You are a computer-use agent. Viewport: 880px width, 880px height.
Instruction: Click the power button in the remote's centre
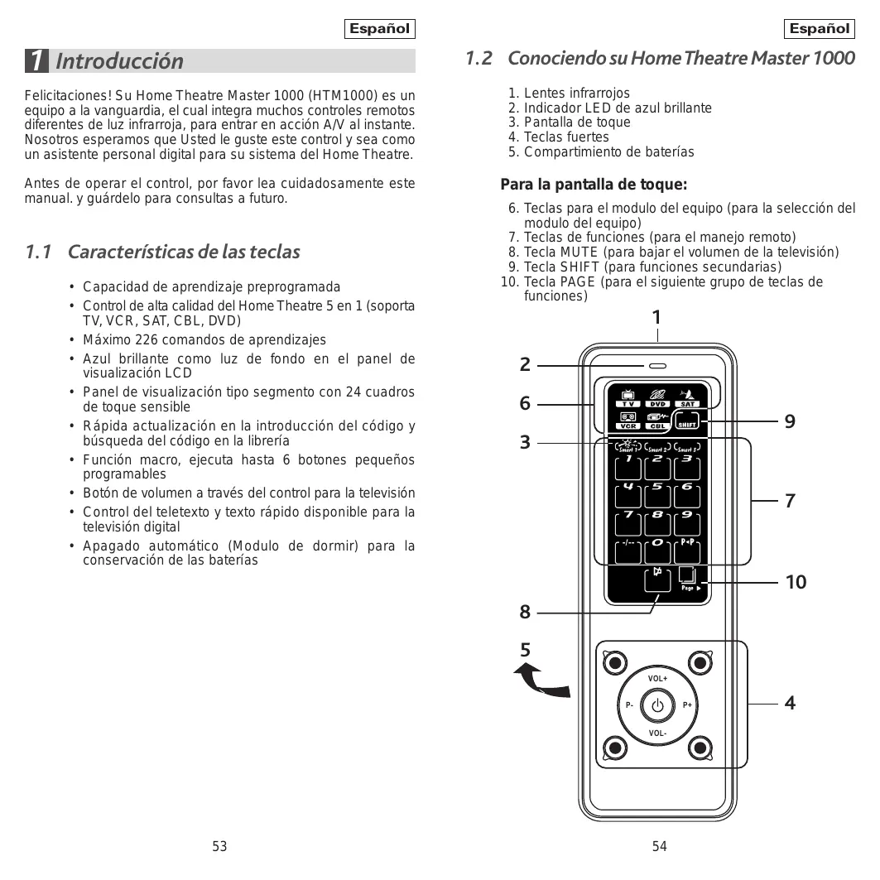tap(658, 706)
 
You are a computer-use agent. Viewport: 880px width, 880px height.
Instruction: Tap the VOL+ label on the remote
tap(658, 679)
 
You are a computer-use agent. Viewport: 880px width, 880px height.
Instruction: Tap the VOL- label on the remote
tap(658, 733)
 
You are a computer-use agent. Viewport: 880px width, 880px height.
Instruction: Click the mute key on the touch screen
tap(658, 579)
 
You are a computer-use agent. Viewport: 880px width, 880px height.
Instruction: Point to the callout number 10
tap(796, 583)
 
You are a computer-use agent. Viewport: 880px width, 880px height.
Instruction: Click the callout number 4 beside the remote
tap(790, 704)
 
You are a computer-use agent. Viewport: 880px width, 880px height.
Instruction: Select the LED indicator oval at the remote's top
tap(658, 365)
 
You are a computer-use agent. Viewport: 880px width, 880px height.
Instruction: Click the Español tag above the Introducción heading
tap(379, 29)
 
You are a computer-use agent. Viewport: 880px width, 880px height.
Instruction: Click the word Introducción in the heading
tap(120, 61)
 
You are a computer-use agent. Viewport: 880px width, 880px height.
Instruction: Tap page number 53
tap(219, 846)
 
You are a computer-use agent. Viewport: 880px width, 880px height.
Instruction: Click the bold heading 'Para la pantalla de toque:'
tap(594, 185)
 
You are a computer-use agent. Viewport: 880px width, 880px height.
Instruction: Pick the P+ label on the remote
tap(687, 706)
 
